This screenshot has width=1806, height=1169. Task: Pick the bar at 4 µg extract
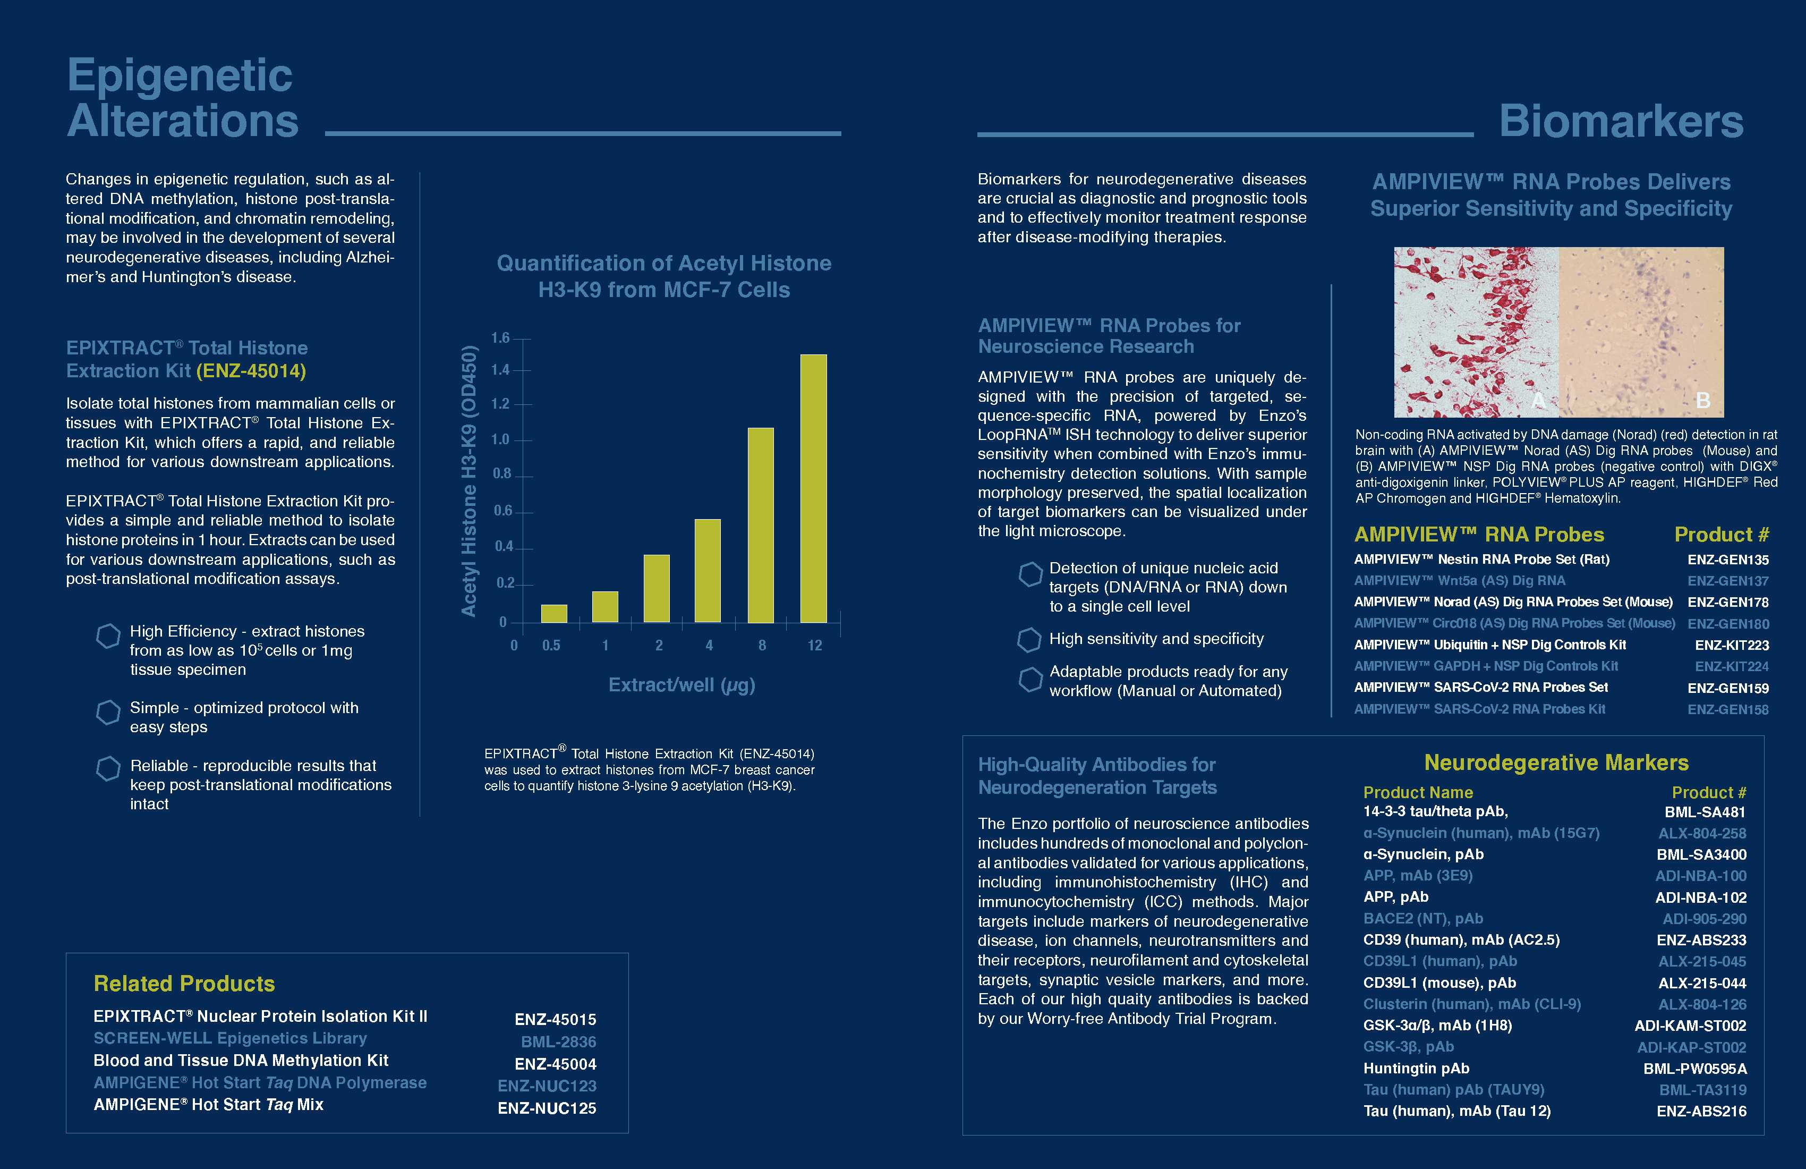(708, 571)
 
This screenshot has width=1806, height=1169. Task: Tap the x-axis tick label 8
(762, 645)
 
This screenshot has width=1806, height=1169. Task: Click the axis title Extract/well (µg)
(681, 685)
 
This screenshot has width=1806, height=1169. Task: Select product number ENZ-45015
(556, 1020)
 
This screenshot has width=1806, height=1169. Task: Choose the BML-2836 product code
(558, 1042)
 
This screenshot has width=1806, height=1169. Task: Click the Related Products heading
(184, 984)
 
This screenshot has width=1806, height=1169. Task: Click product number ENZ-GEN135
(1728, 560)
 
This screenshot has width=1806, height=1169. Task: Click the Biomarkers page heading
(1621, 122)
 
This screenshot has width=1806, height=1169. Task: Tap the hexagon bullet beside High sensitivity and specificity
(1029, 640)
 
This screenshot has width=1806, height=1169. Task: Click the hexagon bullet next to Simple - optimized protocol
(108, 712)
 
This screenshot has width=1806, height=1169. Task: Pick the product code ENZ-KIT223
(1732, 645)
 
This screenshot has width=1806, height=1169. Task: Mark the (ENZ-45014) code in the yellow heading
(251, 371)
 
